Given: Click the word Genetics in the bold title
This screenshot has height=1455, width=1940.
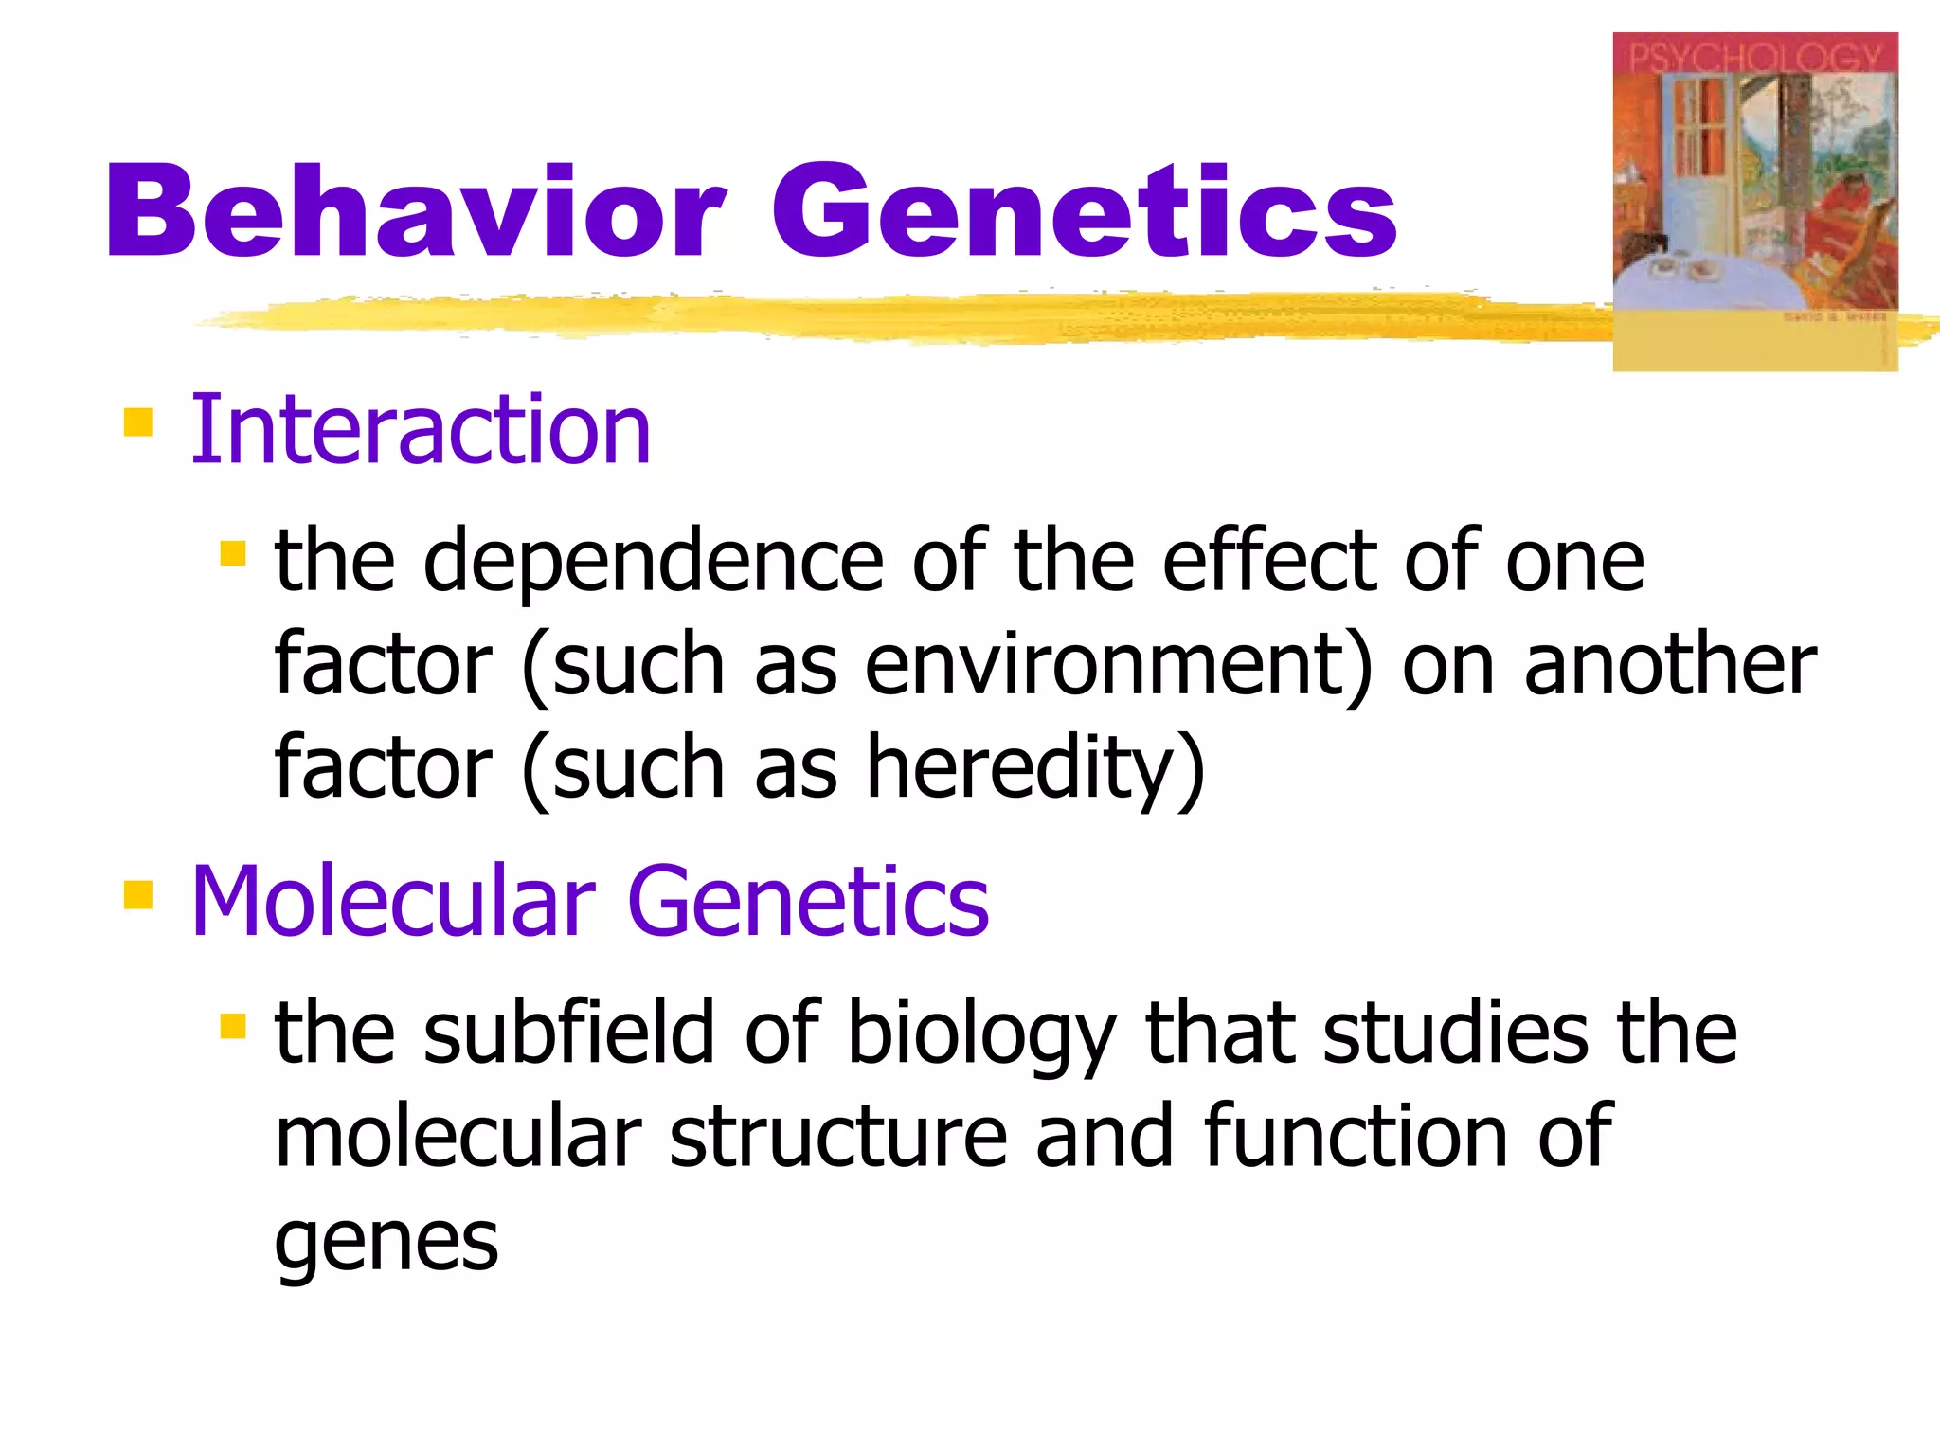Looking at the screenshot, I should (1084, 210).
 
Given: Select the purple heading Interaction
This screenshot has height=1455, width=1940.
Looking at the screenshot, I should (421, 430).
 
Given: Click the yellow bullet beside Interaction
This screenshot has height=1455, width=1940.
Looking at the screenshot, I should (138, 422).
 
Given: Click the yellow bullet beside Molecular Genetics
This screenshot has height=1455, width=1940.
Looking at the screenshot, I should (138, 894).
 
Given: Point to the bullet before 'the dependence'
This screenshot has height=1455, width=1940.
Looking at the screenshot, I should (233, 553).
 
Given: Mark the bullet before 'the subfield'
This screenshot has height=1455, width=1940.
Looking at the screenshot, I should (233, 1026).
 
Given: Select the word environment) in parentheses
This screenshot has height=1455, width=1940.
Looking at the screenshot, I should (1118, 665).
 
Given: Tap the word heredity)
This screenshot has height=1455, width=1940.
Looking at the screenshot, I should (1034, 767).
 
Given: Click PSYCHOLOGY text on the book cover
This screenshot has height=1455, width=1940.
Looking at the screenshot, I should (1755, 57).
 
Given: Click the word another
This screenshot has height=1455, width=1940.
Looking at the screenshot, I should (1669, 665).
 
